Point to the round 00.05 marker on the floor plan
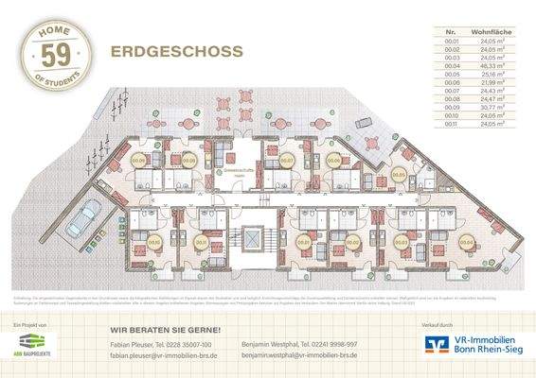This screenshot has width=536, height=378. point(399,176)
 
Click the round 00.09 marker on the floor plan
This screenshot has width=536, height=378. point(139,161)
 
